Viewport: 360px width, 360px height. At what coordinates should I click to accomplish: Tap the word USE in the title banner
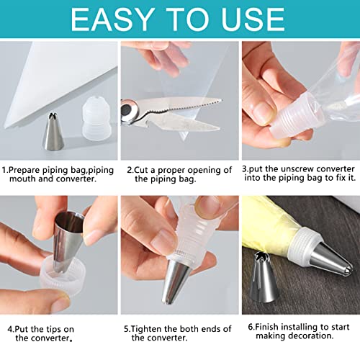tap(246, 20)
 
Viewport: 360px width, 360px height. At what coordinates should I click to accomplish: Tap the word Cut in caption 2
tap(144, 171)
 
